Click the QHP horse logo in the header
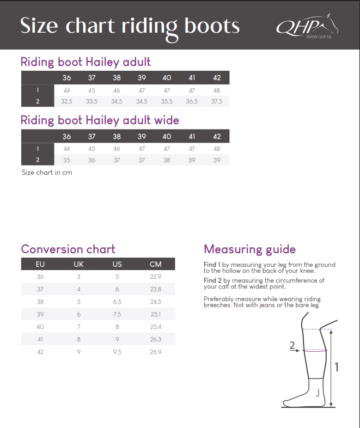(307, 27)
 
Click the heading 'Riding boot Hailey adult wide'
(100, 120)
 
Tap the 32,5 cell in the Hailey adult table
(66, 101)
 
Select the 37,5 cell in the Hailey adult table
(217, 101)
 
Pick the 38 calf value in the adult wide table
(167, 160)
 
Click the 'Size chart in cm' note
(47, 173)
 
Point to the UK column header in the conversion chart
(78, 264)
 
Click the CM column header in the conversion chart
(156, 264)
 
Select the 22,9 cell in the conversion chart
(156, 277)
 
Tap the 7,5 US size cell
(117, 314)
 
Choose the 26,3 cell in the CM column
(156, 340)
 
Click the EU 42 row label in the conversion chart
(40, 352)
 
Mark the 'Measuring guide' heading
(250, 249)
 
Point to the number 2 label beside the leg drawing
(292, 345)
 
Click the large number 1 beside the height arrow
(337, 367)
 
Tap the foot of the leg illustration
(303, 399)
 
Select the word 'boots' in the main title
(212, 26)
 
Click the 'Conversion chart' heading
(68, 249)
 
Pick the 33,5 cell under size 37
(91, 101)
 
